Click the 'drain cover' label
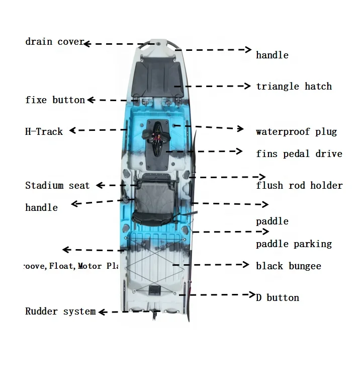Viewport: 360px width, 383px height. (54, 42)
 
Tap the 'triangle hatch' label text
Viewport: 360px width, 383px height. (294, 87)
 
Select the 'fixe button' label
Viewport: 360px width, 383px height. (55, 100)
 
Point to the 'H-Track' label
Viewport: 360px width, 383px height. (44, 132)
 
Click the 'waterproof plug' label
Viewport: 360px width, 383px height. (296, 132)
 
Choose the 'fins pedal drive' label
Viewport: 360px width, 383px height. (299, 154)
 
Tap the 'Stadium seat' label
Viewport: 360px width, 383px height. (57, 186)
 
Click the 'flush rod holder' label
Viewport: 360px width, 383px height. (299, 186)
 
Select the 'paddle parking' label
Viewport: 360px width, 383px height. (294, 244)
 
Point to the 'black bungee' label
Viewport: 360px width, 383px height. (288, 266)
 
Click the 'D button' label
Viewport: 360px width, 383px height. (277, 297)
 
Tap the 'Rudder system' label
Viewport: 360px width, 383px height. (60, 312)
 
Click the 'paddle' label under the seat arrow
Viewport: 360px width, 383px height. (272, 221)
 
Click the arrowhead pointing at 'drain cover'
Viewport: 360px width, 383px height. (86, 44)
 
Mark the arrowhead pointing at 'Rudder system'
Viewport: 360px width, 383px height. (101, 312)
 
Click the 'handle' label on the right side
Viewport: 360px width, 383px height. (272, 55)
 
